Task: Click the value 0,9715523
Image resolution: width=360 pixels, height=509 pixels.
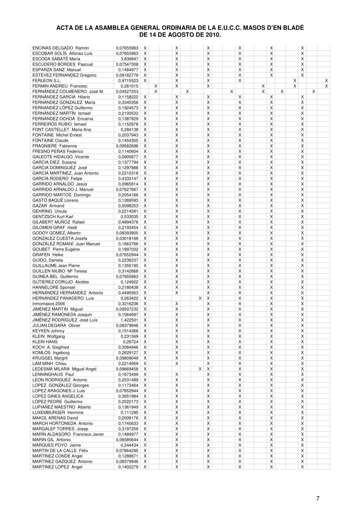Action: point(128,81)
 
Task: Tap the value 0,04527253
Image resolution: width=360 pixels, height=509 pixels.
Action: point(127,92)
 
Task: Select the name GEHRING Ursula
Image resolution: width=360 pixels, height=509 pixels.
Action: point(50,211)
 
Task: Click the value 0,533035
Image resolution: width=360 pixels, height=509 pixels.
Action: point(129,217)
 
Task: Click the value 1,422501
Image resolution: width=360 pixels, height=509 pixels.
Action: point(129,320)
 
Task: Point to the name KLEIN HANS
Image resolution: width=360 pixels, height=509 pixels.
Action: point(45,342)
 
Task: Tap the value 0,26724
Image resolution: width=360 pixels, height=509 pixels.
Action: point(130,342)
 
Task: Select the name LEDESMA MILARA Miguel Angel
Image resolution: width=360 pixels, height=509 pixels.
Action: point(64,369)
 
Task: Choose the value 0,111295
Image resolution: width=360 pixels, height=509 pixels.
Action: point(129,413)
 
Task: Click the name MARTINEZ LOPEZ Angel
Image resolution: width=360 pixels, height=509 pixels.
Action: point(57,467)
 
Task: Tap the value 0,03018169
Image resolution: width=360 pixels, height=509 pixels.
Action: point(127,238)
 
